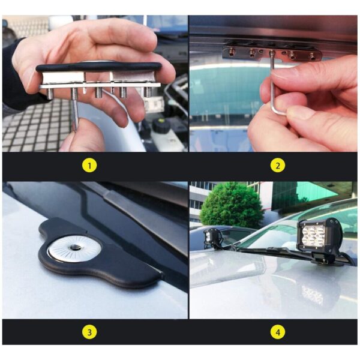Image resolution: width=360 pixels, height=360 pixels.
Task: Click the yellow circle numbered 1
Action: coord(89,166)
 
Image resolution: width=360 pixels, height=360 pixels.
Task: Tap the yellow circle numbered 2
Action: coord(278,166)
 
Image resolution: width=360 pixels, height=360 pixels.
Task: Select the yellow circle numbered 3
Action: coord(89,332)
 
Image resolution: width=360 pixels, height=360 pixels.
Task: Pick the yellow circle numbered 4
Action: coord(278,332)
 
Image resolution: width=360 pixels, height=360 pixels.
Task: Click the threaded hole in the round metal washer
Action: coord(74,248)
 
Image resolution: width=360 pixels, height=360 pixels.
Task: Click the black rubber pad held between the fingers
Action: coord(99,67)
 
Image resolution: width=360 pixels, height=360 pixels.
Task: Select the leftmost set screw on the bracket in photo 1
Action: coord(50,94)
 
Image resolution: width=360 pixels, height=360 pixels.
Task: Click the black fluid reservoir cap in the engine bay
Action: coord(161,125)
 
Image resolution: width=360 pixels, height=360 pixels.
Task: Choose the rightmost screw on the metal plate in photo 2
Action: coord(313,55)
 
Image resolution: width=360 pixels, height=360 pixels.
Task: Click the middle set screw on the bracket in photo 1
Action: coord(98,92)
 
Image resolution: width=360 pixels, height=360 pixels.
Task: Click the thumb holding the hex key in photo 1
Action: coord(83,136)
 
